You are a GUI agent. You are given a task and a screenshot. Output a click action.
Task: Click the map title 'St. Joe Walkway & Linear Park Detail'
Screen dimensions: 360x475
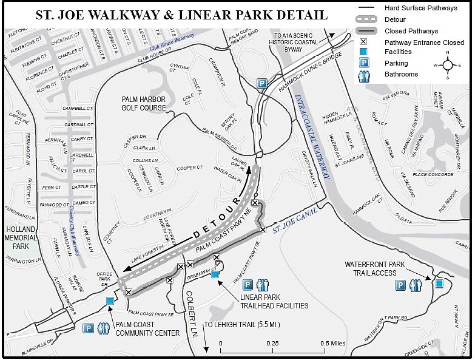pos(181,15)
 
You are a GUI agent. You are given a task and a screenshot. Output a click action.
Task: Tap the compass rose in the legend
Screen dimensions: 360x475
pos(448,64)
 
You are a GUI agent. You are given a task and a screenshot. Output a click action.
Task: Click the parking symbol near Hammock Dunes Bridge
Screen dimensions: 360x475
pos(261,83)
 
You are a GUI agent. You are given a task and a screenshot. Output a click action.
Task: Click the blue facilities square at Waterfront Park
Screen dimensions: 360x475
pos(439,283)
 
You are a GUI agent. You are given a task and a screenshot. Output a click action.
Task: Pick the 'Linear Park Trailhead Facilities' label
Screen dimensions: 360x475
pos(274,301)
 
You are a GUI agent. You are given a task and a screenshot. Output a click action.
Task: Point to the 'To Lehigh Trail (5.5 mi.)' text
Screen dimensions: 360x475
pos(242,324)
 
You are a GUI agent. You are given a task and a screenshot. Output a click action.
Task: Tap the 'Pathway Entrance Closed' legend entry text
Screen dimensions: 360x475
pos(424,42)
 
